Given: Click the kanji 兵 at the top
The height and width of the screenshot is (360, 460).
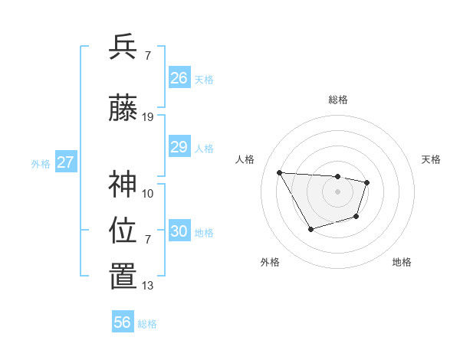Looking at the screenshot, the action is [x=123, y=47].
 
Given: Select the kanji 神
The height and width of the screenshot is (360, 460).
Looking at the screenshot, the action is [x=123, y=184].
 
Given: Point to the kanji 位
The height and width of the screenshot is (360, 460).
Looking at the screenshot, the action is [x=123, y=230].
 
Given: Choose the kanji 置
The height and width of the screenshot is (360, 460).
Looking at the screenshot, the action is [x=123, y=277].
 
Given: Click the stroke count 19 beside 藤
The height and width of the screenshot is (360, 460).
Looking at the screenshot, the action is [x=148, y=117].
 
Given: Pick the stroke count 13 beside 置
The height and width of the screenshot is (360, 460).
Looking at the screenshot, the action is [x=148, y=286].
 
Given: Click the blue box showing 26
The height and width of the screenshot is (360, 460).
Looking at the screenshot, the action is [x=179, y=78].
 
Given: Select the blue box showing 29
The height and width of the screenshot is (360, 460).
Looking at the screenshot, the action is [x=179, y=147].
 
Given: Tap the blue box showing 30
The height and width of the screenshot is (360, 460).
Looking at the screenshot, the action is [x=179, y=231].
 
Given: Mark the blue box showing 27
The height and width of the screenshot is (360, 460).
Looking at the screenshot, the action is [x=66, y=162].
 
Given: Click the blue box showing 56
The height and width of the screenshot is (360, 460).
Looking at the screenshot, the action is [x=123, y=322].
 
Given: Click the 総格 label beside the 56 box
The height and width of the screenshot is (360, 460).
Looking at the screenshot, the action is [x=147, y=324].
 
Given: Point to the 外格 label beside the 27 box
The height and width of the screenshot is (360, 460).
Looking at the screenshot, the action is [x=41, y=163].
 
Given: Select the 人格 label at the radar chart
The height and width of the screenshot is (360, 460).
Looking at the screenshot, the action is [x=245, y=159].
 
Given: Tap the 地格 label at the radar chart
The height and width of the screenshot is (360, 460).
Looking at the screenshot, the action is [x=402, y=262].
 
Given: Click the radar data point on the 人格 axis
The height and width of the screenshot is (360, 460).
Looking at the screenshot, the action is [x=279, y=172].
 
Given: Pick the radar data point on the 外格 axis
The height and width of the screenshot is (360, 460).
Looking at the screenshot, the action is [x=310, y=229].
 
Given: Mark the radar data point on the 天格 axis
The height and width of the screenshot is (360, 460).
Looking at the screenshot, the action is [x=367, y=182].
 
